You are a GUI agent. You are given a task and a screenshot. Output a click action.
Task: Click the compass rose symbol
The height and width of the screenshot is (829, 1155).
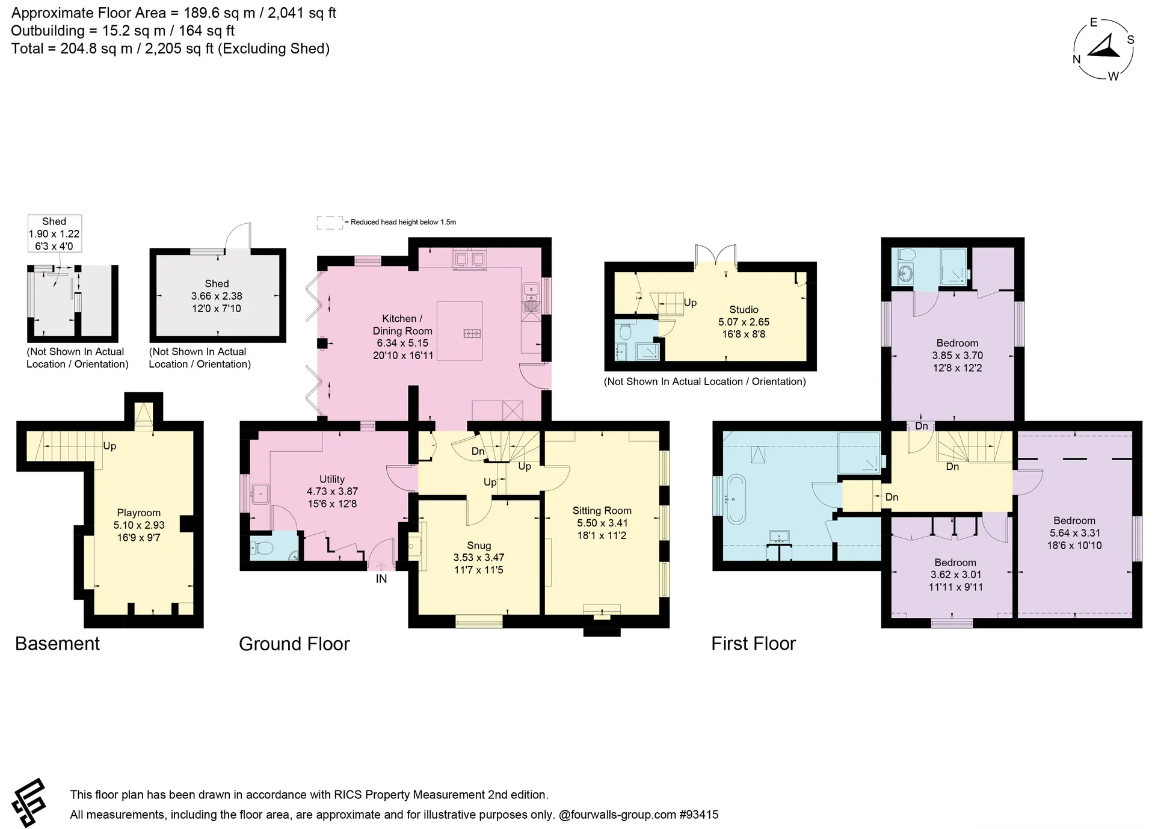click(x=1104, y=49)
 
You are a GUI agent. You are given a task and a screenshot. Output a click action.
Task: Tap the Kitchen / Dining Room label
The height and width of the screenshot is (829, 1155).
click(x=402, y=324)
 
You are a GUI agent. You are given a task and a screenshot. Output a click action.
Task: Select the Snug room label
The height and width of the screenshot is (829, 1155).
click(x=479, y=545)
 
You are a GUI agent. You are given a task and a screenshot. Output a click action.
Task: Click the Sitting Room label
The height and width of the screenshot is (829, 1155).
click(x=602, y=510)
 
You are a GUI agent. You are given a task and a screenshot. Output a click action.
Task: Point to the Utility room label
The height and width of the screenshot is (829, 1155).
click(x=332, y=479)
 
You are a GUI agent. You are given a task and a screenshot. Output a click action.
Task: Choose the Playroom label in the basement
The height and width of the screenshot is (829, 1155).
click(x=139, y=513)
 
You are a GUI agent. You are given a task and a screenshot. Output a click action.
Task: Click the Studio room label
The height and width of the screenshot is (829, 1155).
click(x=744, y=309)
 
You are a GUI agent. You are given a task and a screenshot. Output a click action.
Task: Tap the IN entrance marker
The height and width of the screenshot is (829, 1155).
click(x=381, y=579)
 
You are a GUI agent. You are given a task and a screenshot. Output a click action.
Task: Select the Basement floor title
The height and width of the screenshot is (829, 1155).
click(x=57, y=644)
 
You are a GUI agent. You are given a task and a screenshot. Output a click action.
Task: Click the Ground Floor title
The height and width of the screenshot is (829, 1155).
click(x=294, y=644)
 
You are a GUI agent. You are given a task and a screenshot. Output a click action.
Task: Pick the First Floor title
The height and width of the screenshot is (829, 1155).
click(x=753, y=644)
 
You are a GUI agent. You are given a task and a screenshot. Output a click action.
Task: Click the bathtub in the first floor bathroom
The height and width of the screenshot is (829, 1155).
click(x=736, y=499)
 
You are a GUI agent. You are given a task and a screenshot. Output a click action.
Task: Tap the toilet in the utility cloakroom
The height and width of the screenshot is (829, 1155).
click(x=262, y=548)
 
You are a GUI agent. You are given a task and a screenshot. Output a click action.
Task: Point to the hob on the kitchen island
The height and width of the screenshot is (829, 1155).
click(x=472, y=333)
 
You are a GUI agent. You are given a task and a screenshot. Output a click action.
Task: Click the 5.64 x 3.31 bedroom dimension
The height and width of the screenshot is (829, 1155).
click(x=1076, y=533)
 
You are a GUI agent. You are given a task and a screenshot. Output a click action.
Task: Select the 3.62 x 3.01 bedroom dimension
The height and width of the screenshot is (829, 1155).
click(x=956, y=575)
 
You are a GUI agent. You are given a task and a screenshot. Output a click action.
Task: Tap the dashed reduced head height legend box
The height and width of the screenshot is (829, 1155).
click(x=329, y=223)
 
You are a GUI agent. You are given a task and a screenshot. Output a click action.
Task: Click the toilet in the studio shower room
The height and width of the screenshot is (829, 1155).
click(x=624, y=331)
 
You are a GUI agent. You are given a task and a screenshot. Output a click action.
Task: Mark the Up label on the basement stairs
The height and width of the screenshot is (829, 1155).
click(x=109, y=446)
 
